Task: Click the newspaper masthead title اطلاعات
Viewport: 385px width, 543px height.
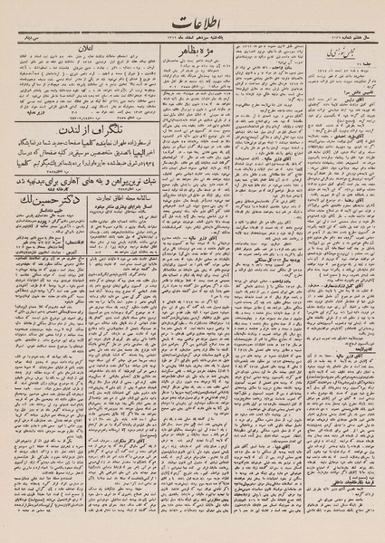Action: click(x=192, y=19)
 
